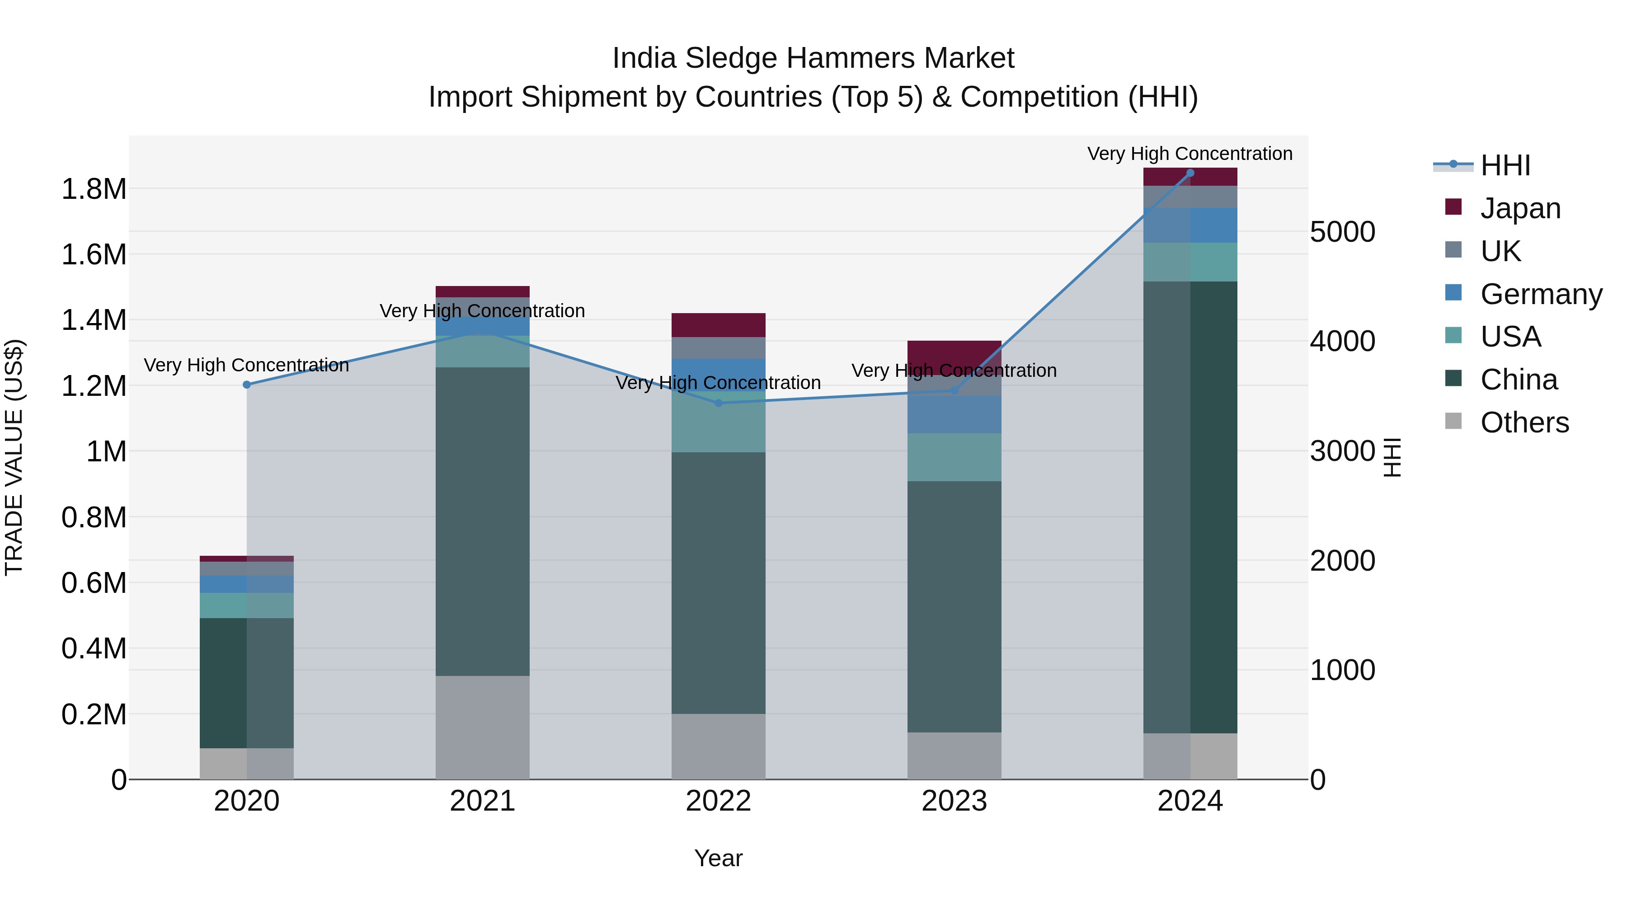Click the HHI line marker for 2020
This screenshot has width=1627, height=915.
coord(247,385)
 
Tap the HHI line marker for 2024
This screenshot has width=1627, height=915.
coord(1190,173)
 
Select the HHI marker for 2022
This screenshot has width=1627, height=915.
coord(718,403)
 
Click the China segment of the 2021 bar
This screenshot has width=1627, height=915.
coord(483,521)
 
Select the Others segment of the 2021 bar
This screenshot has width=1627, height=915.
coord(483,727)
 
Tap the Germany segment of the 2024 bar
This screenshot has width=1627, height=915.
coord(1190,225)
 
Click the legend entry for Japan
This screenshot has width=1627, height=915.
coord(1519,208)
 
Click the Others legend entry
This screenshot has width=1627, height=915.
coord(1524,422)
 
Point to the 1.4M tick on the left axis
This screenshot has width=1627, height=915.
coord(94,320)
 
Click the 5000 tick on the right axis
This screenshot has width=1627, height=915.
coord(1342,232)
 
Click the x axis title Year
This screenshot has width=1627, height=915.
coord(718,858)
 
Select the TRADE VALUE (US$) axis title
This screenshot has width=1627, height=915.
coord(14,457)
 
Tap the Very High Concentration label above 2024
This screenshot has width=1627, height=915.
coord(1190,154)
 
